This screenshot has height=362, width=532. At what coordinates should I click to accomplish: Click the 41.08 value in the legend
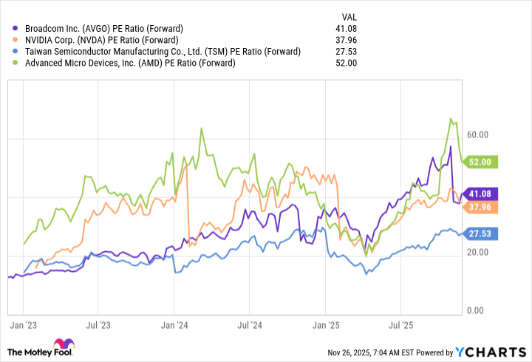pyautogui.click(x=347, y=28)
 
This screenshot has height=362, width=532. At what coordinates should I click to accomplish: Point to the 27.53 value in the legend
pyautogui.click(x=347, y=52)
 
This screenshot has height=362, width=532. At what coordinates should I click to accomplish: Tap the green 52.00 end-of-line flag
pyautogui.click(x=485, y=162)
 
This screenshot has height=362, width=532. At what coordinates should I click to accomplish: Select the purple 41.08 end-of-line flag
pyautogui.click(x=485, y=194)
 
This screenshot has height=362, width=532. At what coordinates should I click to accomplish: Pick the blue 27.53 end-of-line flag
pyautogui.click(x=485, y=233)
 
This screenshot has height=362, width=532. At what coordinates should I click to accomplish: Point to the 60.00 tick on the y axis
pyautogui.click(x=478, y=134)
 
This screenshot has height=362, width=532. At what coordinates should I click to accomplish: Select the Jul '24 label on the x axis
pyautogui.click(x=250, y=324)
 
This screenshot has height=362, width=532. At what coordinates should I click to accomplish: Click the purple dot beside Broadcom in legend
pyautogui.click(x=9, y=28)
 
